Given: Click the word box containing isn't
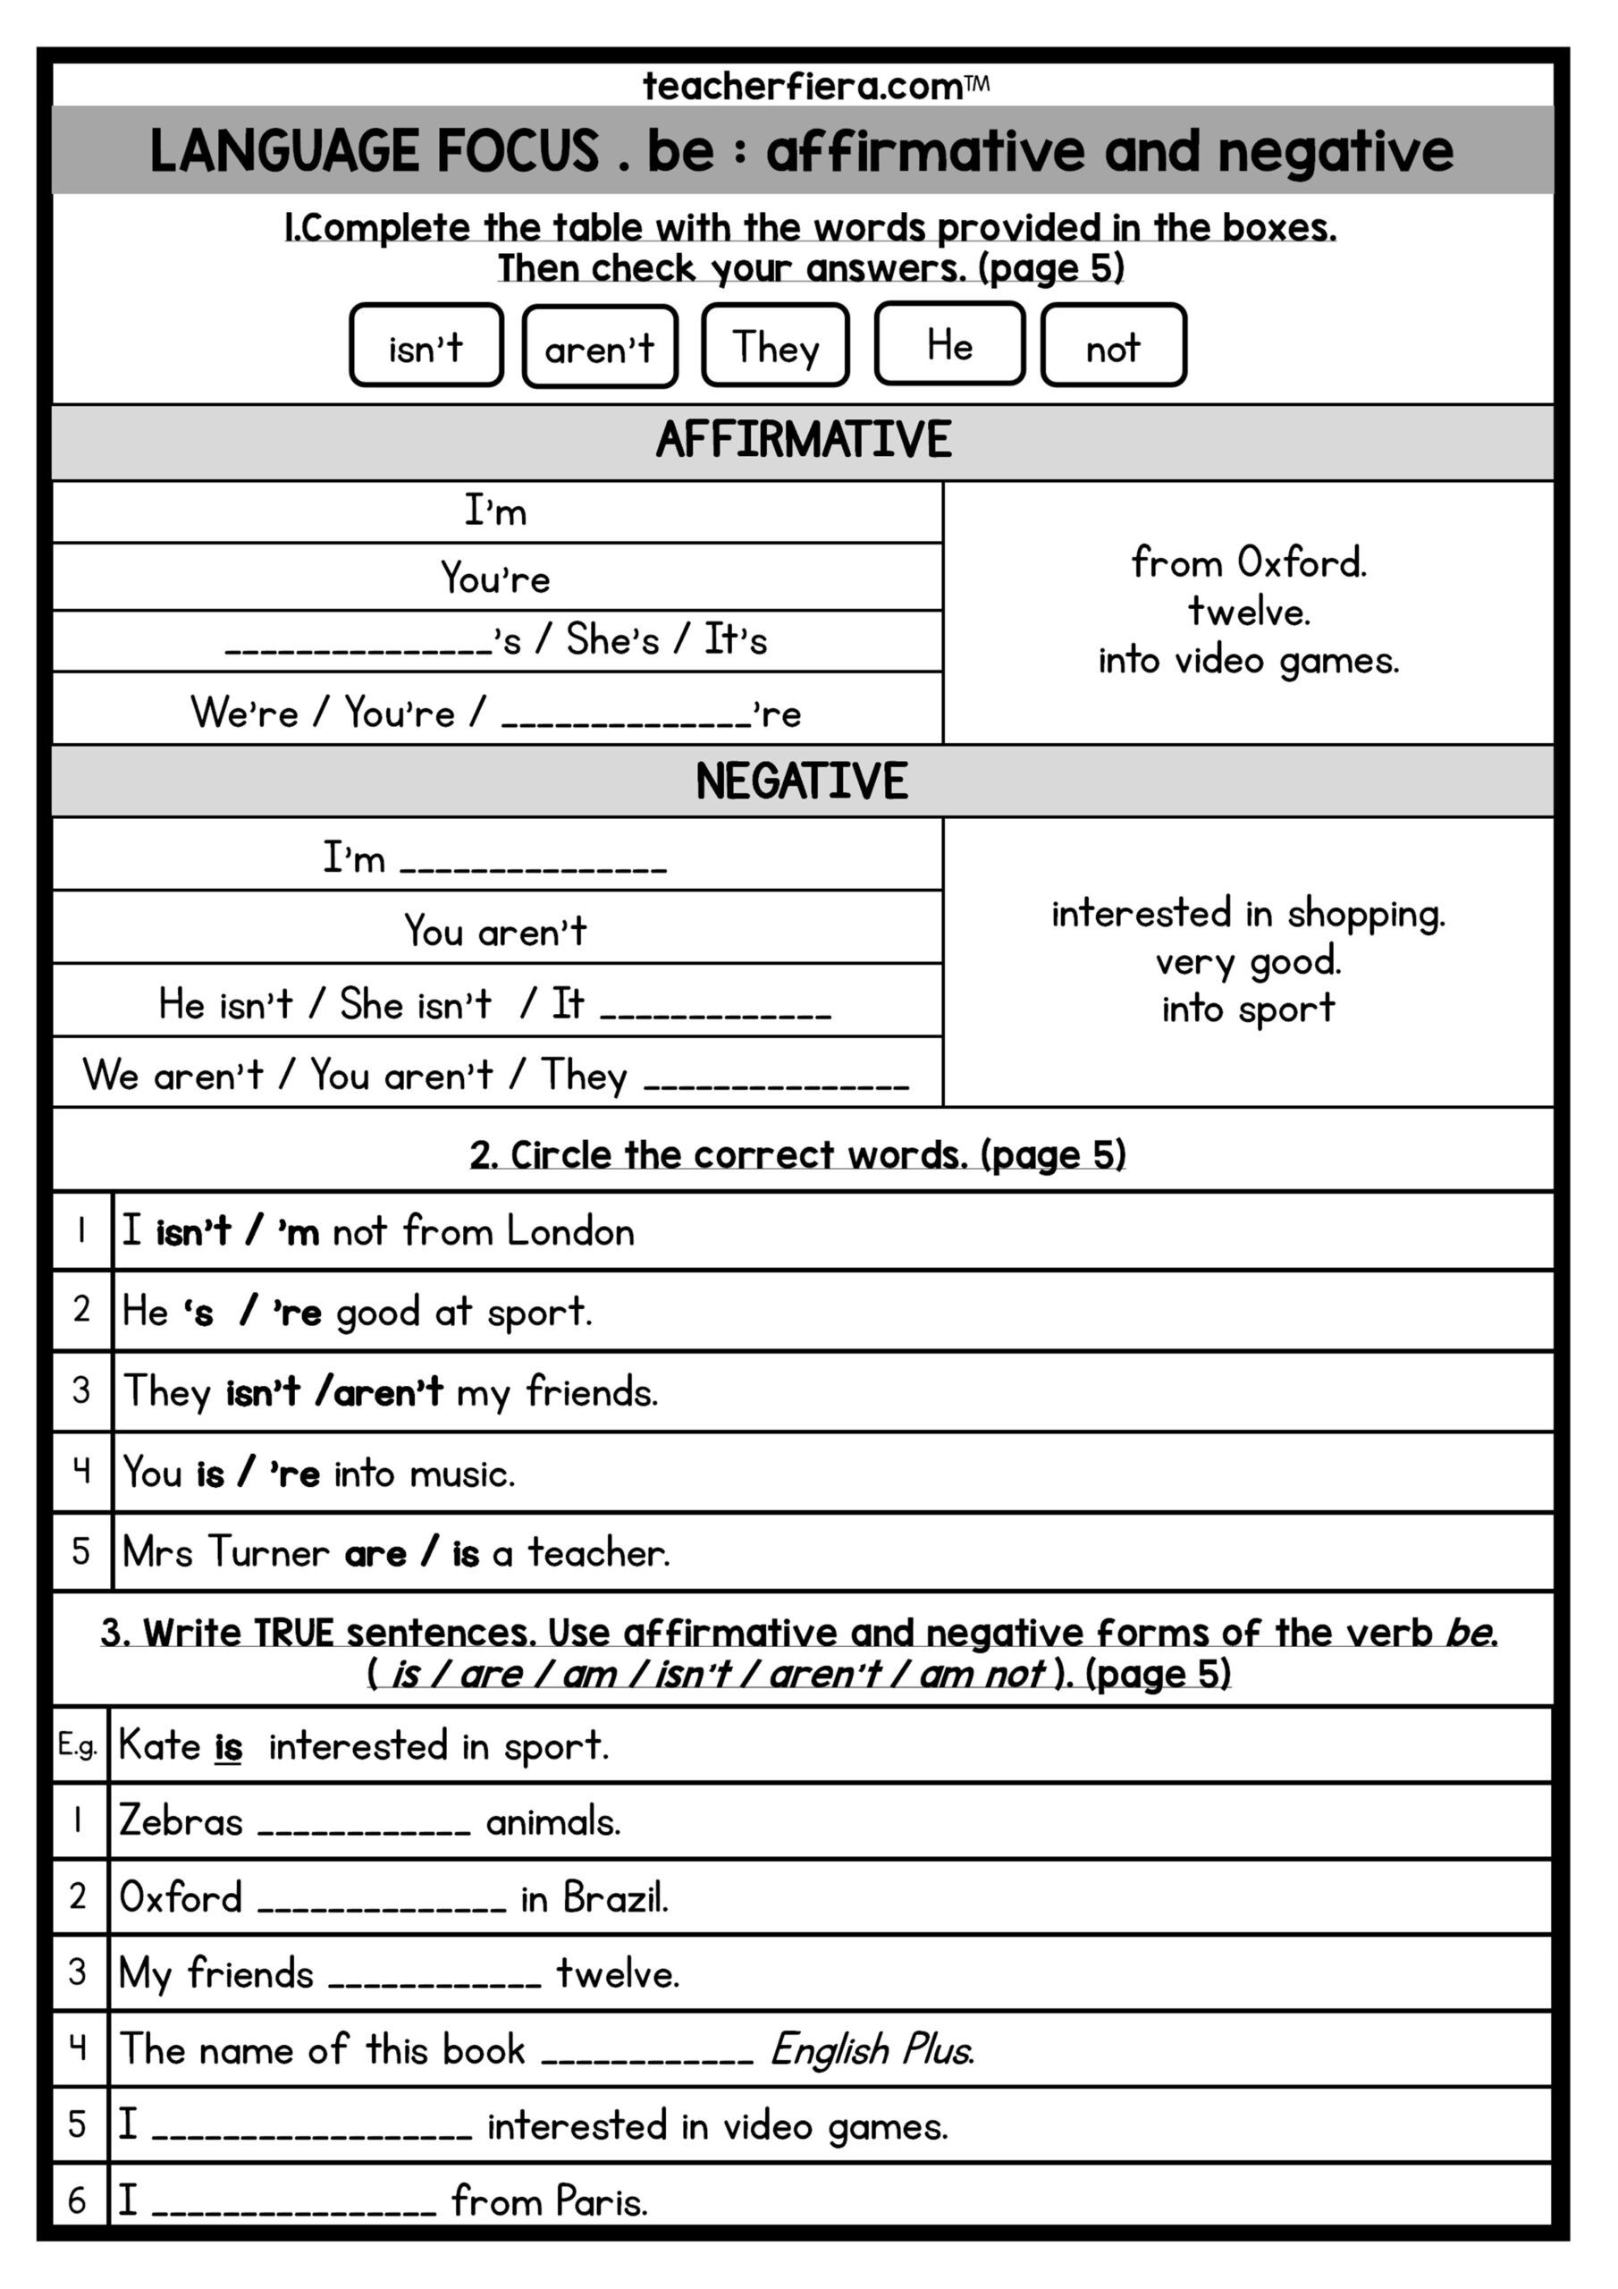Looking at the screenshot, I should click(426, 345).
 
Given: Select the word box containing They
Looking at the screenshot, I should click(776, 345).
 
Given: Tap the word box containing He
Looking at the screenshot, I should click(949, 344).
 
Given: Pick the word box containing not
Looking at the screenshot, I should click(1113, 345).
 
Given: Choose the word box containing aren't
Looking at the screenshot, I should click(599, 346).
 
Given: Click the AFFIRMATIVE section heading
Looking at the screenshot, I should click(804, 440).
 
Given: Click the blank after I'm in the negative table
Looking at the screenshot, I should click(534, 865).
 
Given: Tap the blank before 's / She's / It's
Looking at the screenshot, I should click(358, 646).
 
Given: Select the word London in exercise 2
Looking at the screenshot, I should click(570, 1232).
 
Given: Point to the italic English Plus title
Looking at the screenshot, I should click(872, 2052).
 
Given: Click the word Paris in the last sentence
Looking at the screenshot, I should click(601, 2202).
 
